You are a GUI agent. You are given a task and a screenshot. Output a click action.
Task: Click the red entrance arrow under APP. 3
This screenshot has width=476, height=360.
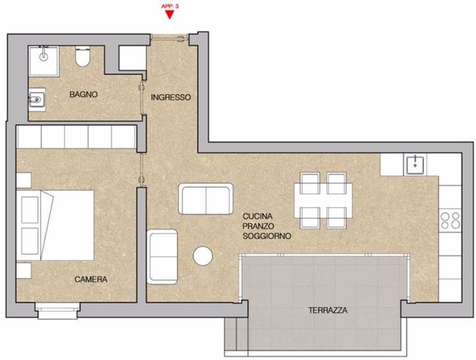pos(170,15)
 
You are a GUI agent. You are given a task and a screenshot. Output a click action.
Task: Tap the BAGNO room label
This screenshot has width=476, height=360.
pos(83,94)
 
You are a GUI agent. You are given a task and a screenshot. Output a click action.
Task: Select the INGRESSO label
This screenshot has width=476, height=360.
pos(171,97)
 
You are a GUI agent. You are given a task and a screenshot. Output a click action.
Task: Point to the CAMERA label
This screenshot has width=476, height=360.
pos(91,279)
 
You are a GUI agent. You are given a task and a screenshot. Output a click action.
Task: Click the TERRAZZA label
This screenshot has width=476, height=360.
pos(328,310)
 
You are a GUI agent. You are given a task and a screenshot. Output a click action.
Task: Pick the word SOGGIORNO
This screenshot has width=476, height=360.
pos(267,236)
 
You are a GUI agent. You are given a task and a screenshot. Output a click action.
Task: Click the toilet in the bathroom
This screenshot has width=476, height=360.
pos(82,56)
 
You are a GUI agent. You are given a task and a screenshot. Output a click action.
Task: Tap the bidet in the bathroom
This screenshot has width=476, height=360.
pos(37,100)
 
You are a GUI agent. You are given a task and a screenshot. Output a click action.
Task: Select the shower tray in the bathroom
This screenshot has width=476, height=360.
pos(44,61)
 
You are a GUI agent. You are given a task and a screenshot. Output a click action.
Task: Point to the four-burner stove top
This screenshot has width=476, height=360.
pos(450,220)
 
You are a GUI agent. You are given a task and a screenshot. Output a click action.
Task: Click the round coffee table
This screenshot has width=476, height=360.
pos(203,256)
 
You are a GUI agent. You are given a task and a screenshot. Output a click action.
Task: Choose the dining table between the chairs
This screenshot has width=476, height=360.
pos(323,200)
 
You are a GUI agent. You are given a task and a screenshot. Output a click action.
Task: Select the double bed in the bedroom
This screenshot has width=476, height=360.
pos(55,225)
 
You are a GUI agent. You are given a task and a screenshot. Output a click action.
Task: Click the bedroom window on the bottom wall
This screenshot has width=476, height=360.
pos(58,310)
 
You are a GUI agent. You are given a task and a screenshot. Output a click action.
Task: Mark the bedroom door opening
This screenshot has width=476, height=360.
pos(141,170)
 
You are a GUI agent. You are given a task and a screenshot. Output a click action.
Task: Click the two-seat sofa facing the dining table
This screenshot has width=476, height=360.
pos(206,199)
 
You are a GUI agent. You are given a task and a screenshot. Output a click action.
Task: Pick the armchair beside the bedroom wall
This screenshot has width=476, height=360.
pos(162,257)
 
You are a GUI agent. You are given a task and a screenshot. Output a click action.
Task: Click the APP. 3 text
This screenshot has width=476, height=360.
pos(170,6)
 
